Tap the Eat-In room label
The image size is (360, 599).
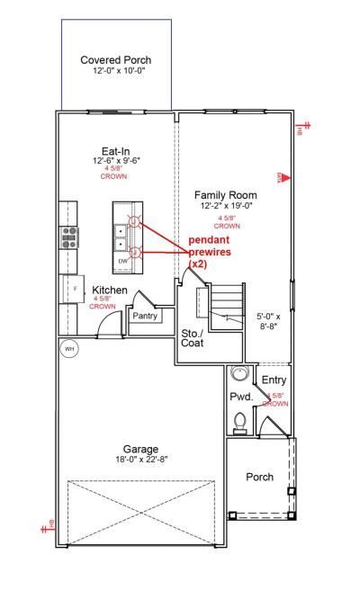[116, 151]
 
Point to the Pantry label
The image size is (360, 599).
[145, 317]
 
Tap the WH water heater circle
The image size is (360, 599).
[68, 348]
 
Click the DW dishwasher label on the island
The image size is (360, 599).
[123, 262]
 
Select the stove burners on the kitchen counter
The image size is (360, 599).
[69, 237]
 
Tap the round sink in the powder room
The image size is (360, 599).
[239, 373]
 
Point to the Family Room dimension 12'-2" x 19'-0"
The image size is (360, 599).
[227, 206]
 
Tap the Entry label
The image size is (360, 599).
[274, 380]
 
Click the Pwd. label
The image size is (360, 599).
[240, 396]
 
